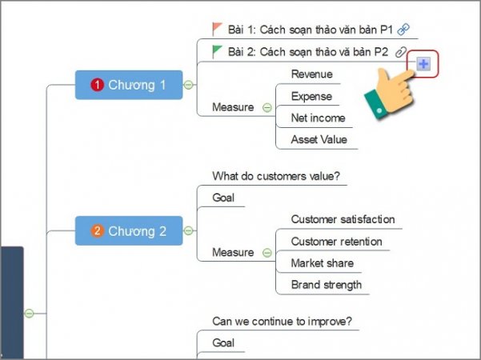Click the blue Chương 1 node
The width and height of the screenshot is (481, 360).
tap(129, 85)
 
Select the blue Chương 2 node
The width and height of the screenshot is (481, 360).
tap(129, 231)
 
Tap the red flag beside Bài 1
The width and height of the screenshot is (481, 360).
tap(218, 29)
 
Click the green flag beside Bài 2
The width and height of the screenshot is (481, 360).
tap(218, 51)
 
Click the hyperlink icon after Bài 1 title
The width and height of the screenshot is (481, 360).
tap(403, 30)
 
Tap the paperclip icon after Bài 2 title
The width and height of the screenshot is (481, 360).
tap(401, 52)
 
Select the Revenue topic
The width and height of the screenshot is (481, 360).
tap(311, 74)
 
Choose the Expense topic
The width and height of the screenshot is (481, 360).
tap(311, 96)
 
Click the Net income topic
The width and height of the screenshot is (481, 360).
tap(318, 118)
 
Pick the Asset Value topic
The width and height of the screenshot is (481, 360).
tap(318, 139)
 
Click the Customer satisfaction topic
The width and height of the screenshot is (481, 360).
tap(343, 219)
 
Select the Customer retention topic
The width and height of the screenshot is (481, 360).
tap(336, 242)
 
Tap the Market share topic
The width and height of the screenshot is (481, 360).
tap(322, 263)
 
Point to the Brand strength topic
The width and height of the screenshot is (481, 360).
tap(326, 285)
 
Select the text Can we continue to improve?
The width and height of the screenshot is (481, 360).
tap(282, 322)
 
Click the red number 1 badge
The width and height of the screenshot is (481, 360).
tap(98, 85)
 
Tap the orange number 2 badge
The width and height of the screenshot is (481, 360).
tap(98, 231)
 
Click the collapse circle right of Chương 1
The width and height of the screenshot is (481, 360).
tap(189, 85)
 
